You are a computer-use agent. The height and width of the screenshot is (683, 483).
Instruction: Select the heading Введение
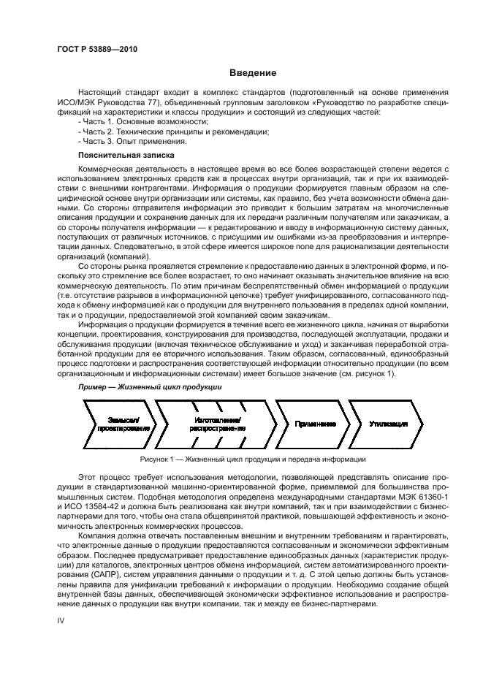[252, 72]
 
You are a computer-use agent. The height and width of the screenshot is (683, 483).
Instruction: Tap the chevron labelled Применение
[314, 424]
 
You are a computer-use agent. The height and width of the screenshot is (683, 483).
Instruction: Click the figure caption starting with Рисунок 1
[252, 459]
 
